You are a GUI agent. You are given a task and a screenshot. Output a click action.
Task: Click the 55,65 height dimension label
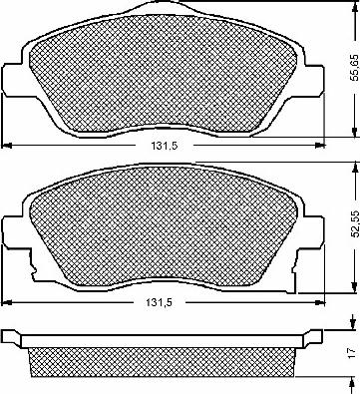tap(355, 68)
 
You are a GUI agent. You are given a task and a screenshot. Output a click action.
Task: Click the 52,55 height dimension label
tap(355, 223)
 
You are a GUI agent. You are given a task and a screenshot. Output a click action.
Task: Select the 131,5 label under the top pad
tap(165, 146)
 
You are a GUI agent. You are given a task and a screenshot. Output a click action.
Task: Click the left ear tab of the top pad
tap(13, 80)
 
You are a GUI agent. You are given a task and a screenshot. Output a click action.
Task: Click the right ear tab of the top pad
tap(313, 80)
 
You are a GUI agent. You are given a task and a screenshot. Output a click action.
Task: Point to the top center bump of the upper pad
tap(164, 7)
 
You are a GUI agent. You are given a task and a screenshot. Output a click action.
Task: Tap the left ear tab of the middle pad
tap(13, 231)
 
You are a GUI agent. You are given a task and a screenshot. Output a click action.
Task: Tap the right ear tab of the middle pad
tap(313, 231)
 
